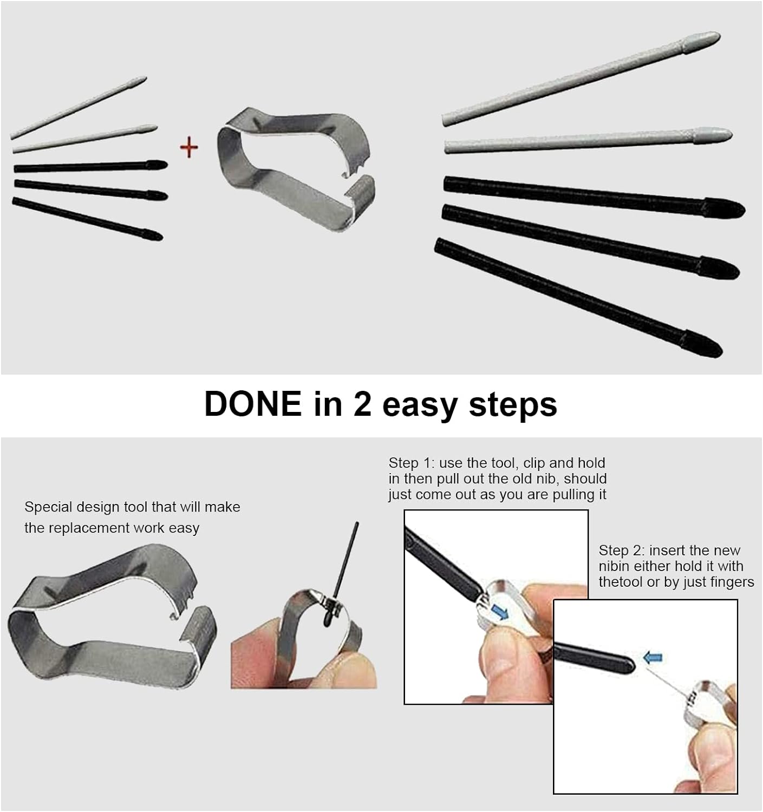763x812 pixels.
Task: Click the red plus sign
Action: (189, 147)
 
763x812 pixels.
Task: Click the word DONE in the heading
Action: (253, 404)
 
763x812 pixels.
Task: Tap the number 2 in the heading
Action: (362, 403)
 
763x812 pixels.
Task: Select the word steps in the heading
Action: (513, 405)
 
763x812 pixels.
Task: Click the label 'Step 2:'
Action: (622, 551)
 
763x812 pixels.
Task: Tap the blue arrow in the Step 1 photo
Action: (499, 612)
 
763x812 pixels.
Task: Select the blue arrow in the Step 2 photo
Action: (653, 658)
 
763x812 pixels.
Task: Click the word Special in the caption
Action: (48, 507)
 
